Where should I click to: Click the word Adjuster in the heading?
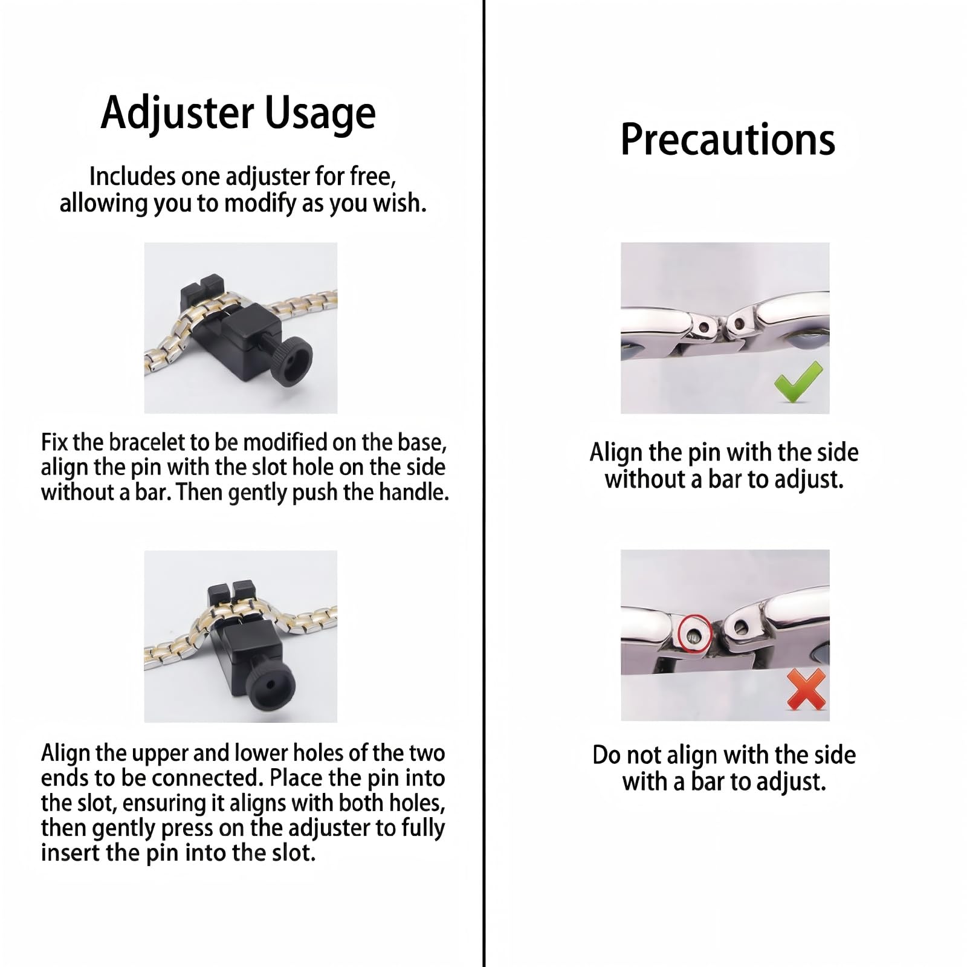pos(177,113)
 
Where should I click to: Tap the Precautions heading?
pos(728,140)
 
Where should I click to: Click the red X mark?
pos(807,690)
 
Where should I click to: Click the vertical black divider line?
pos(484,483)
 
